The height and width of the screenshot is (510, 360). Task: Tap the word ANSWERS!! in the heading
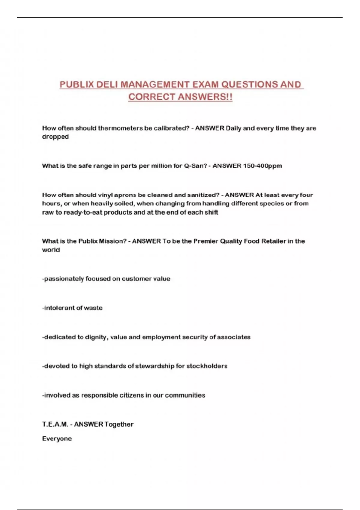[x=205, y=97]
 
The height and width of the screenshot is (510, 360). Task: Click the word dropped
[x=55, y=137]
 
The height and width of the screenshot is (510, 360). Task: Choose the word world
[x=51, y=250]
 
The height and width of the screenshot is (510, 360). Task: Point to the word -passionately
[x=63, y=279]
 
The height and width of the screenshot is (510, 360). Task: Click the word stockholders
[x=207, y=366]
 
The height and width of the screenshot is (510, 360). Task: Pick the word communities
[x=185, y=395]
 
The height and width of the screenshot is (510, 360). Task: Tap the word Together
[x=119, y=424]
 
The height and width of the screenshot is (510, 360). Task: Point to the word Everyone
[x=57, y=439]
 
